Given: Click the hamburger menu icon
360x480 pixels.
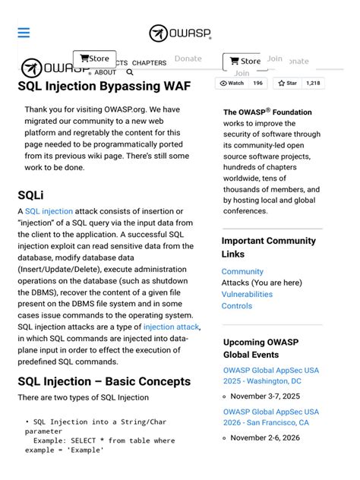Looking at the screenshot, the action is (x=24, y=33).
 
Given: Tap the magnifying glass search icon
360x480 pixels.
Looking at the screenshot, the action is (x=130, y=73).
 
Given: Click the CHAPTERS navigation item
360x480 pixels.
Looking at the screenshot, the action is (x=149, y=63).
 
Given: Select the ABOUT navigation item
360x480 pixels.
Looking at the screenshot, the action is (x=106, y=73).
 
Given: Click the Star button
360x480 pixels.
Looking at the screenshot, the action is (x=288, y=83).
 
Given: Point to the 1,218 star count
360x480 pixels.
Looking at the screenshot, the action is (x=313, y=83).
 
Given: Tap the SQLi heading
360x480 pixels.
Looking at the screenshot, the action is (x=30, y=195).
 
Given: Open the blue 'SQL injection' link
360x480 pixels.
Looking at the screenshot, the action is (x=49, y=211).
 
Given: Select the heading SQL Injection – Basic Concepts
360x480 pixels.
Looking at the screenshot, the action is (x=104, y=381).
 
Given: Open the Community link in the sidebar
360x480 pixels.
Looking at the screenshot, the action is (x=242, y=271).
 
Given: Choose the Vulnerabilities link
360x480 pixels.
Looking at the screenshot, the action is (x=247, y=294).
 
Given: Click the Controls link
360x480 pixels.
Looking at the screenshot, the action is (x=237, y=306).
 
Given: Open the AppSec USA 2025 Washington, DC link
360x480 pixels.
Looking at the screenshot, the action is (x=271, y=376).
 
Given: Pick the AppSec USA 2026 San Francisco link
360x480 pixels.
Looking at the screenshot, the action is (x=271, y=417).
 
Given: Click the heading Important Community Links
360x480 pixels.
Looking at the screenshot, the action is (x=268, y=247).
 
